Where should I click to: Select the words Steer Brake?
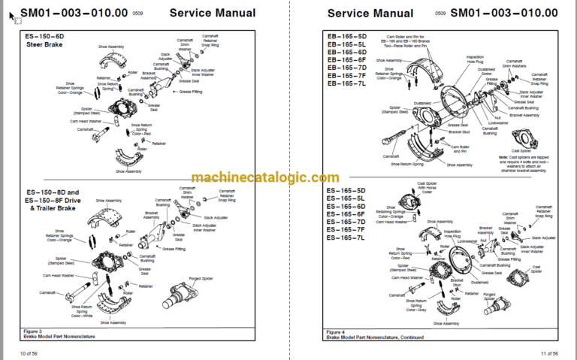point(42,44)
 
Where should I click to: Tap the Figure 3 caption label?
point(33,331)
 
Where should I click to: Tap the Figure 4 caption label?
point(337,331)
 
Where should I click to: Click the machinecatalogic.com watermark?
point(265,177)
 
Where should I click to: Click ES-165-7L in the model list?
point(346,237)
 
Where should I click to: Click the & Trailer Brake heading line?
point(51,208)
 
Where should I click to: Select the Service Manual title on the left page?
point(213,13)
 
